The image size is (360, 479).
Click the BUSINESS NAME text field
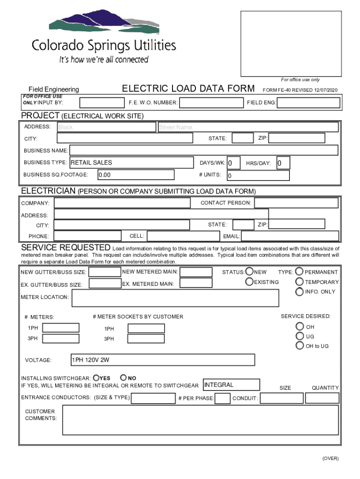pos(203,150)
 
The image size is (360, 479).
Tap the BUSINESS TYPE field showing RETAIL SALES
pos(131,162)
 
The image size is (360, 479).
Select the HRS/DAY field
pos(283,163)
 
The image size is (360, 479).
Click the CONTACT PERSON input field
pos(296,203)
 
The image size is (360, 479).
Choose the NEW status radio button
pos(250,272)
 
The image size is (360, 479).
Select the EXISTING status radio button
pos(250,282)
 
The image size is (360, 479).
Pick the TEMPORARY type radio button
pos(299,282)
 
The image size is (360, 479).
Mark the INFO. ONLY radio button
pos(299,291)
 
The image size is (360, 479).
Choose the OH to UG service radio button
pos(300,346)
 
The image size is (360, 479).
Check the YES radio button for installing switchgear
pos(96,377)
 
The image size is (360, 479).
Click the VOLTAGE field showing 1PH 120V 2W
pos(162,360)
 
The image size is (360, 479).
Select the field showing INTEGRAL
pos(231,385)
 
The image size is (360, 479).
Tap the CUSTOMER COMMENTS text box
pos(200,420)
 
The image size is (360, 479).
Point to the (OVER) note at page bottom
pos(330,458)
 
